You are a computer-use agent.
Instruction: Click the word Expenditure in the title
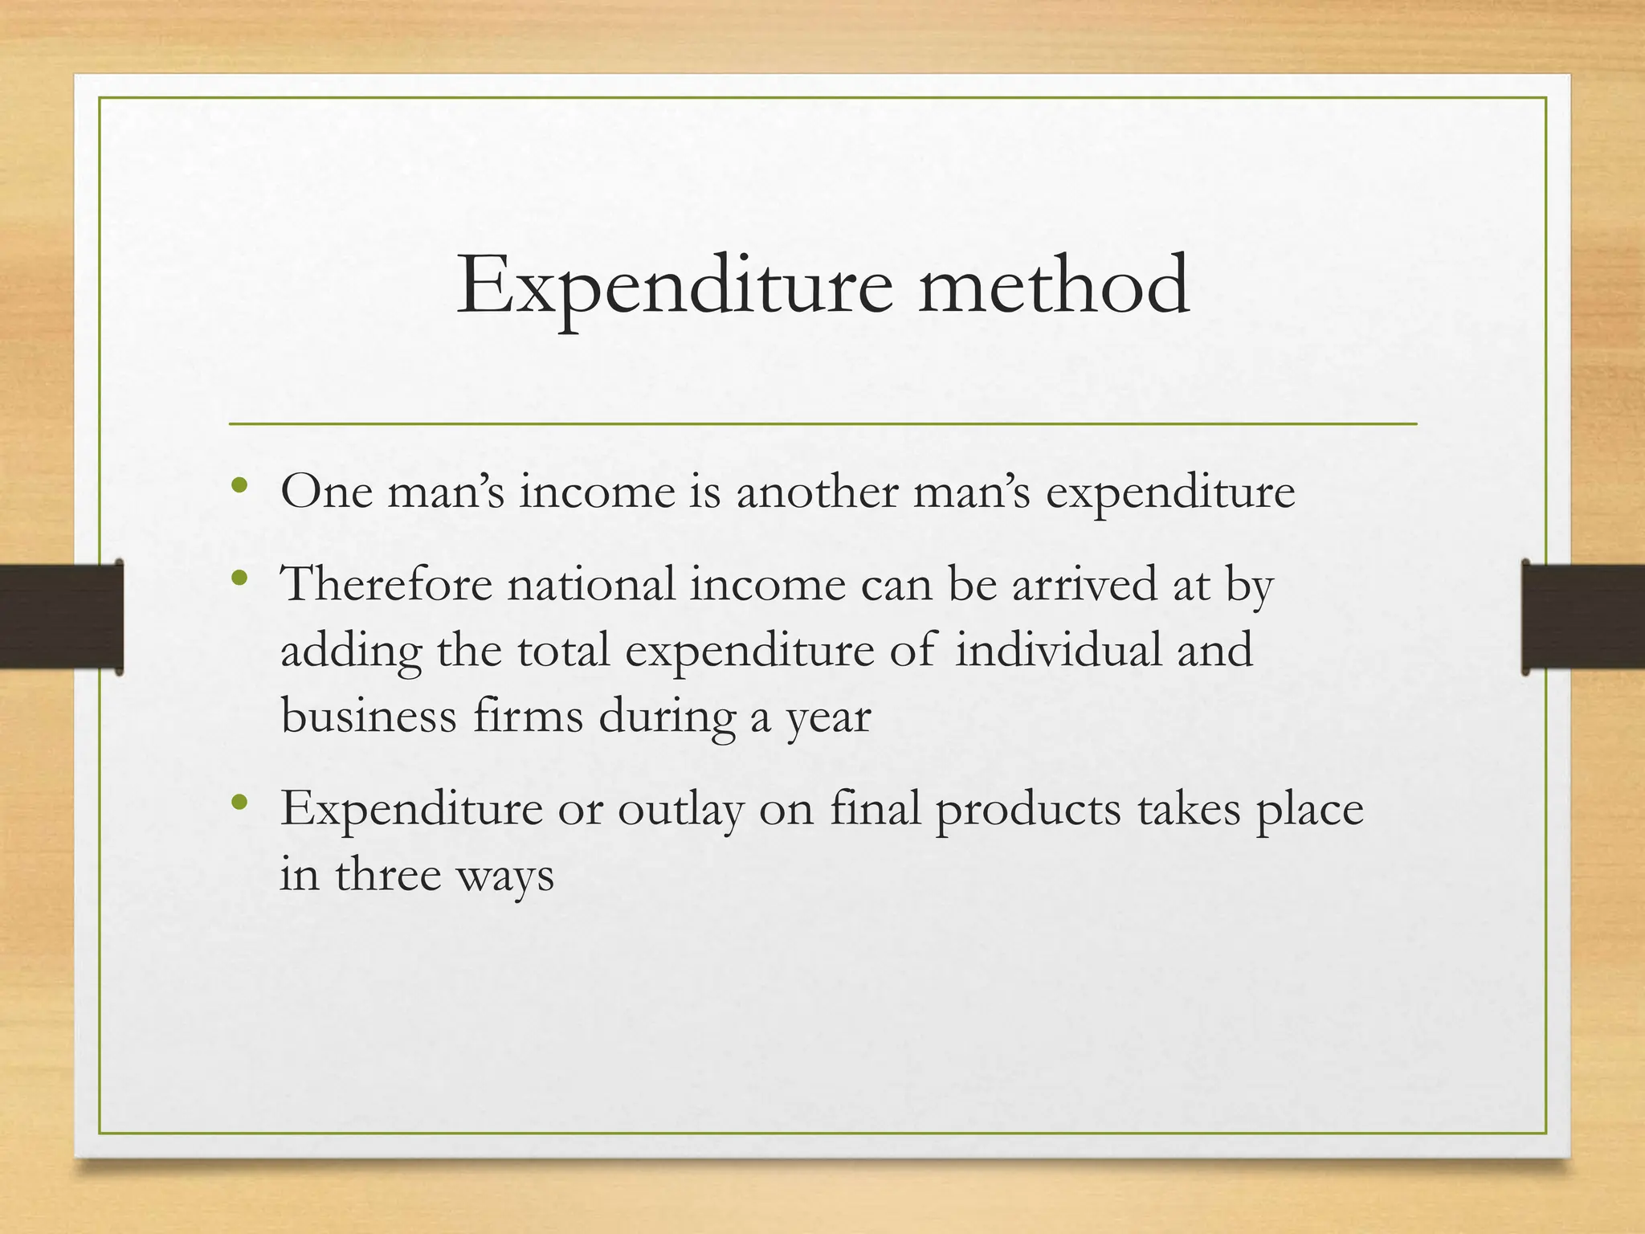(674, 286)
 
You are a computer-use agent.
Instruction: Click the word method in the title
(1053, 284)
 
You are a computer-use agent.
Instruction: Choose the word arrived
(1084, 583)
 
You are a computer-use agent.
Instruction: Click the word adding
(351, 651)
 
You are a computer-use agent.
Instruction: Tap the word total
(563, 649)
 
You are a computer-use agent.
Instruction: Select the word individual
(1058, 649)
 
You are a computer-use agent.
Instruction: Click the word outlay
(680, 809)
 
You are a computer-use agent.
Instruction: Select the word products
(1027, 809)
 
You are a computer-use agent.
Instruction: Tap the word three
(388, 874)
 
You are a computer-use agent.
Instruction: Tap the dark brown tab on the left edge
(61, 616)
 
